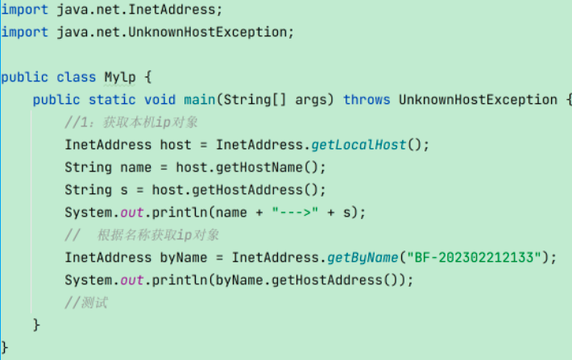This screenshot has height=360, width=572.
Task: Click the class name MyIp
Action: click(x=120, y=77)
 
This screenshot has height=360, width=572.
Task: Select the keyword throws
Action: click(x=367, y=100)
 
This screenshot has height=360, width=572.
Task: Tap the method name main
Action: click(x=200, y=100)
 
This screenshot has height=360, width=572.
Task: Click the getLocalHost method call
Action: click(x=359, y=145)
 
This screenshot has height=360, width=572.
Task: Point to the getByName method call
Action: click(x=363, y=258)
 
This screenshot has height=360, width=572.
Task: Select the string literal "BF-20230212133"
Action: click(x=474, y=258)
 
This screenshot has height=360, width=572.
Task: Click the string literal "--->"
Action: click(x=295, y=213)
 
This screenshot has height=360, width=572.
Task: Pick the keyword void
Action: click(x=160, y=100)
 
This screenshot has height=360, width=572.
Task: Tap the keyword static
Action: click(x=112, y=100)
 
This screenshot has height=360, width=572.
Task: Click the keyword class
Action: click(x=77, y=77)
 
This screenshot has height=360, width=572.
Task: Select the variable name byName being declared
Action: click(x=184, y=258)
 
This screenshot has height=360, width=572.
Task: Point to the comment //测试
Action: click(x=86, y=303)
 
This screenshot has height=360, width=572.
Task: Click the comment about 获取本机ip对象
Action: click(x=131, y=122)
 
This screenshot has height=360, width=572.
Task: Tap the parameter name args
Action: click(x=310, y=101)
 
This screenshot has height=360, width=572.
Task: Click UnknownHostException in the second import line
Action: click(x=208, y=32)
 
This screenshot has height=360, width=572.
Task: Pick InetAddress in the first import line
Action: click(x=172, y=10)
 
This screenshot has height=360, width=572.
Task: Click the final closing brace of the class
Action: click(x=4, y=347)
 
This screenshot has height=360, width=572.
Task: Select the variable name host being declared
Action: click(x=176, y=145)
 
